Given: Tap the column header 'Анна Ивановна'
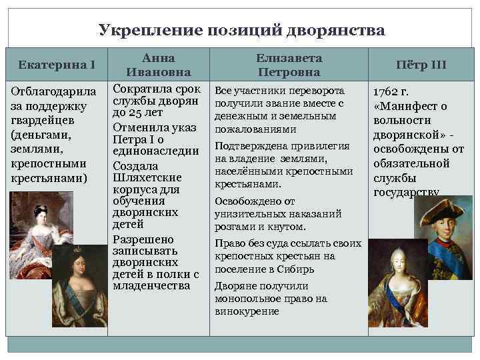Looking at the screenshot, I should point(159,65).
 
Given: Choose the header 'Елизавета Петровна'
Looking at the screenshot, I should point(289,65).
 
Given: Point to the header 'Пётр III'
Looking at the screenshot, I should point(420,65).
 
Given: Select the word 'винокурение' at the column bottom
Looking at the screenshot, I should point(247,311).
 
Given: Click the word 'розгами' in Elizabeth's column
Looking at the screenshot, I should point(233,227).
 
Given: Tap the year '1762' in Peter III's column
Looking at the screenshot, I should point(384,91).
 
